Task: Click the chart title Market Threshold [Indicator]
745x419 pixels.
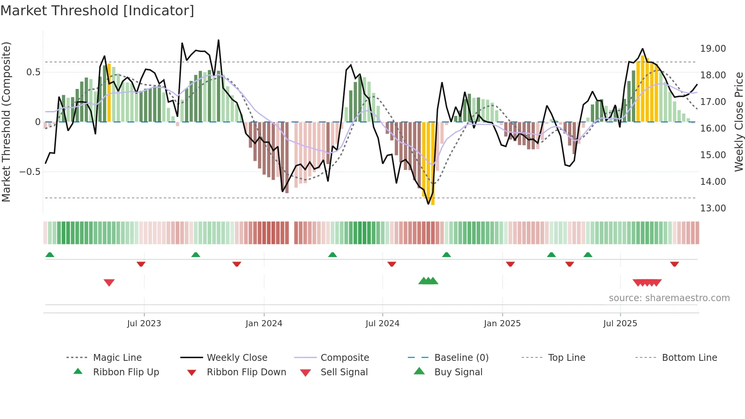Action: click(x=97, y=11)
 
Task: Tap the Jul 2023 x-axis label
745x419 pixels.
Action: click(x=144, y=324)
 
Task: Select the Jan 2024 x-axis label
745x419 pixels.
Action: click(x=264, y=324)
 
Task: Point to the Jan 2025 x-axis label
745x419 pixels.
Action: click(x=502, y=324)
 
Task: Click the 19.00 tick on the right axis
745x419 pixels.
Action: click(x=713, y=49)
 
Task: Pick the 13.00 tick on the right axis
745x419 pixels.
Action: click(x=713, y=208)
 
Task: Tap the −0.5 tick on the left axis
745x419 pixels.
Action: click(x=30, y=172)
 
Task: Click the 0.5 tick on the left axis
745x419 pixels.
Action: click(x=33, y=72)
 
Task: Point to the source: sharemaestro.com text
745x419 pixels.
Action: click(x=669, y=298)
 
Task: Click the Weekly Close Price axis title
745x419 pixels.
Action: click(x=738, y=122)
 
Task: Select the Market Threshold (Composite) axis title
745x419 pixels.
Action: click(x=6, y=122)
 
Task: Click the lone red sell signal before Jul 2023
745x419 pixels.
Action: click(x=109, y=283)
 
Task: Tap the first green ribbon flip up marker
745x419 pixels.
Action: click(x=50, y=255)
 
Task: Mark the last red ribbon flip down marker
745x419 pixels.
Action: click(x=675, y=264)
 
